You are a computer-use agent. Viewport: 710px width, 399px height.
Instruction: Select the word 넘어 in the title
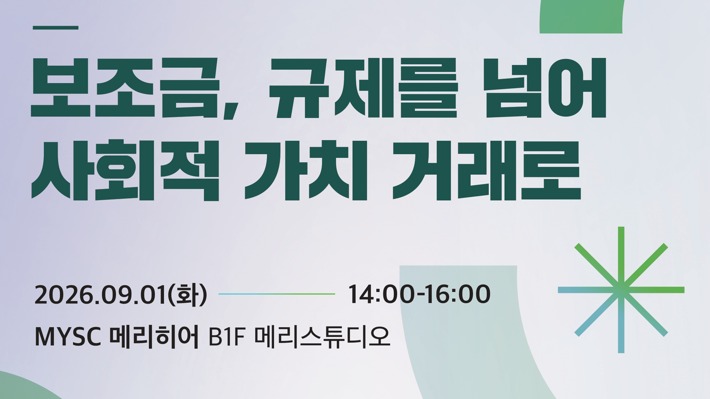(x=546, y=88)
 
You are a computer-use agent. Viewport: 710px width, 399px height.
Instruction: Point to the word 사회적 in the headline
(x=125, y=171)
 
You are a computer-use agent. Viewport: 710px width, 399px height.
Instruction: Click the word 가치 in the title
(x=306, y=171)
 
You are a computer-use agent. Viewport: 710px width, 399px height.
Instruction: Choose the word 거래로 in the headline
(x=487, y=171)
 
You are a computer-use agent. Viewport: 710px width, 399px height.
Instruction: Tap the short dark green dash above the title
(x=56, y=28)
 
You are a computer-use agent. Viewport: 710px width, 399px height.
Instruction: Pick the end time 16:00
(x=458, y=294)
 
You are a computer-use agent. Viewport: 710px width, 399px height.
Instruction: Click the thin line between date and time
(x=277, y=294)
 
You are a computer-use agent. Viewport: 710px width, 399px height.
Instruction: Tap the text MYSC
(x=68, y=337)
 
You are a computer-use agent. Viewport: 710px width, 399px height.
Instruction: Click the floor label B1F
(x=227, y=337)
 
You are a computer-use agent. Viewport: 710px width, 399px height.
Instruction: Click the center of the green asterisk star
(x=621, y=290)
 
